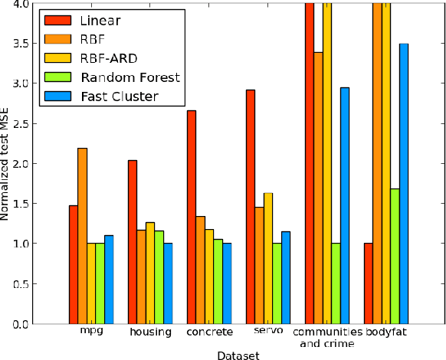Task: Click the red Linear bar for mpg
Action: pyautogui.click(x=74, y=264)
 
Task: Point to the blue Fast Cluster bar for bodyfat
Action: pyautogui.click(x=404, y=184)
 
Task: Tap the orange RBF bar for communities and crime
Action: pyautogui.click(x=318, y=188)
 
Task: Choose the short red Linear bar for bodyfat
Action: pyautogui.click(x=369, y=283)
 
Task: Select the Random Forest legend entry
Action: pyautogui.click(x=123, y=77)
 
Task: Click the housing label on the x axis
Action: pyautogui.click(x=146, y=331)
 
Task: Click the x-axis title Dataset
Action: pyautogui.click(x=238, y=354)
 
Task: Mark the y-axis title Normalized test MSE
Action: pyautogui.click(x=6, y=164)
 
